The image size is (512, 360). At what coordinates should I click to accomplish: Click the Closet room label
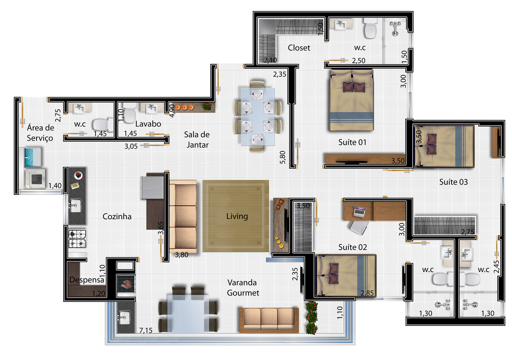pos(299,48)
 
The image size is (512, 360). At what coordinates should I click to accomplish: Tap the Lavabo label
pos(148,124)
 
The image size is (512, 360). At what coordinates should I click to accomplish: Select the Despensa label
pos(87,280)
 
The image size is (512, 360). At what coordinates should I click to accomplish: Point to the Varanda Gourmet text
pos(243,288)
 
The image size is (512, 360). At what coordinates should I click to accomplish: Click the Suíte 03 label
pos(453,182)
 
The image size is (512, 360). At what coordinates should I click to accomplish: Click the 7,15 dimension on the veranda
pos(146,330)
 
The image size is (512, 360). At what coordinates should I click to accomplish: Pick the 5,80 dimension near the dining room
pos(282,157)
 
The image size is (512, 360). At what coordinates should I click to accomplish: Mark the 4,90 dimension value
pos(172,111)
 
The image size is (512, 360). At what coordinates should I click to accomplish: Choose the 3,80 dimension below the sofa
pos(181,255)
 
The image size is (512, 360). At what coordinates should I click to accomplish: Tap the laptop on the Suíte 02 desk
pos(360,212)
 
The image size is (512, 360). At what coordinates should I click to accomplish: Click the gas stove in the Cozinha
pos(77,239)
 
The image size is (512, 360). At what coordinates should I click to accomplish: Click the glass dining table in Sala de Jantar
pos(258,117)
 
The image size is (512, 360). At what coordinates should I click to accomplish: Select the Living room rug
pos(236,216)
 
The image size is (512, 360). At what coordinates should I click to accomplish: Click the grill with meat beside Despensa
pos(126,284)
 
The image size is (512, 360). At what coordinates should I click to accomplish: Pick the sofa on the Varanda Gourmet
pos(269,320)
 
